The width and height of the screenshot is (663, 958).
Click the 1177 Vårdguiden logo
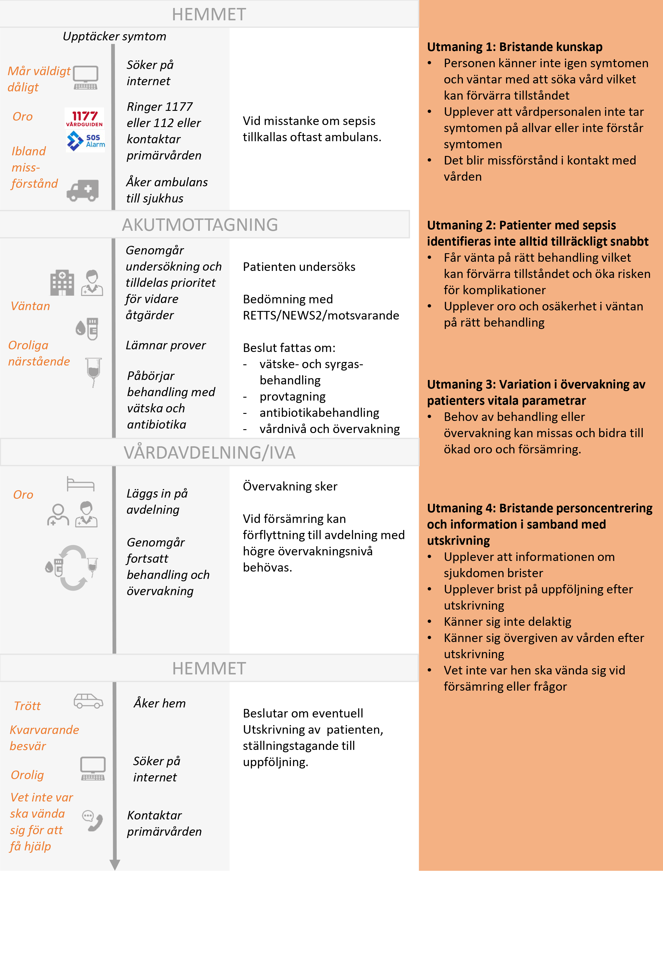pos(84,118)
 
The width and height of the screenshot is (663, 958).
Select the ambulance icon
pos(83,190)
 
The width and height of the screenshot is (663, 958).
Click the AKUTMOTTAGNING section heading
pos(200,225)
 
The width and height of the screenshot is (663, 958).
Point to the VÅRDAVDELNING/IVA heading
pos(210,452)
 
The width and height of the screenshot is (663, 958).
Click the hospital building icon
pos(62,282)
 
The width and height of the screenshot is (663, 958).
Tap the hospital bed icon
pos(80,484)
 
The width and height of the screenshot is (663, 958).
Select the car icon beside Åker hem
pos(88,701)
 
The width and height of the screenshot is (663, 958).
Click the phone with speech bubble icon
pos(92,820)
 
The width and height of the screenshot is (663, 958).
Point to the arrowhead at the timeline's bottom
pos(115,865)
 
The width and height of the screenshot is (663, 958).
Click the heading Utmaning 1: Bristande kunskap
pos(514,47)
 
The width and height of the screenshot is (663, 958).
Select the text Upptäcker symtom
pos(114,37)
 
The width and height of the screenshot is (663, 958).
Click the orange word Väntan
pos(30,306)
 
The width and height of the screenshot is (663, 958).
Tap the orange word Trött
pos(27,706)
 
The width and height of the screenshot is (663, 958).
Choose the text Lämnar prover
pos(166,345)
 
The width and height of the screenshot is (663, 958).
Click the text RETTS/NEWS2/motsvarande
pos(321,315)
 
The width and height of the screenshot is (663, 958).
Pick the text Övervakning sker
pos(290,486)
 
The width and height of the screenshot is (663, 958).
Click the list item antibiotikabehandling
pos(319,413)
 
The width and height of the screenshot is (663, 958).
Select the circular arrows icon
pos(73,567)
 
